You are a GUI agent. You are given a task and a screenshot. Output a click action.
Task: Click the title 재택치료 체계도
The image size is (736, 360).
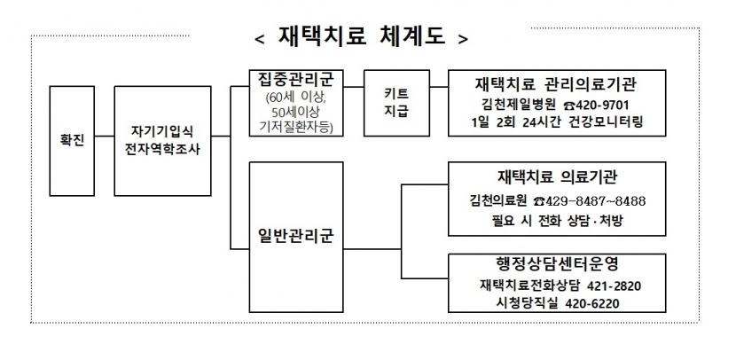pyautogui.click(x=362, y=36)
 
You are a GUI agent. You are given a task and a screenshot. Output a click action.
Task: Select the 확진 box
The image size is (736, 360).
pyautogui.click(x=72, y=141)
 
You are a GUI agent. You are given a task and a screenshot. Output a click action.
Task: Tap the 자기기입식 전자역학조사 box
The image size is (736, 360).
pyautogui.click(x=162, y=141)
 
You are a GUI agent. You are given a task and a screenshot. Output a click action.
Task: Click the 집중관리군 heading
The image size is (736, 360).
pyautogui.click(x=295, y=79)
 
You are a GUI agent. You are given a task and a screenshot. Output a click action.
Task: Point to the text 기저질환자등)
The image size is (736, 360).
pyautogui.click(x=295, y=127)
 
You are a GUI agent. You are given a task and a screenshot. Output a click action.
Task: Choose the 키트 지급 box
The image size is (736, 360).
pyautogui.click(x=396, y=103)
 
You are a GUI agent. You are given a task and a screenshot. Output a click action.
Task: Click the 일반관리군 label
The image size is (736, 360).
pyautogui.click(x=295, y=235)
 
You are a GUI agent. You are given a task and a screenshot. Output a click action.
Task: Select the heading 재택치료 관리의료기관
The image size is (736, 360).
pyautogui.click(x=556, y=84)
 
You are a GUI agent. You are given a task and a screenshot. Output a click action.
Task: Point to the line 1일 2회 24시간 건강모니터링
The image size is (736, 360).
pyautogui.click(x=557, y=122)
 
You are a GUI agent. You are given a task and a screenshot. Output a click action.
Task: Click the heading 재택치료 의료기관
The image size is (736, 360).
pyautogui.click(x=557, y=177)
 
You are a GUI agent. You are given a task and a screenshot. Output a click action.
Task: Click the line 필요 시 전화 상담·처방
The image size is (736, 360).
pyautogui.click(x=557, y=220)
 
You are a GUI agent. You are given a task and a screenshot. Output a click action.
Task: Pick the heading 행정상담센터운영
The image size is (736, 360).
pyautogui.click(x=557, y=263)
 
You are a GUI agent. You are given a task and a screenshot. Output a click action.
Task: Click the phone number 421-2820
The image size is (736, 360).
pyautogui.click(x=614, y=286)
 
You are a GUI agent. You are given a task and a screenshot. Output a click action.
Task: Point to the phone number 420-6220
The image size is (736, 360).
pyautogui.click(x=592, y=303)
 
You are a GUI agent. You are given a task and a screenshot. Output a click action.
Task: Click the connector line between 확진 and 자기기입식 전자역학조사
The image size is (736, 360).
pyautogui.click(x=105, y=137)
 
